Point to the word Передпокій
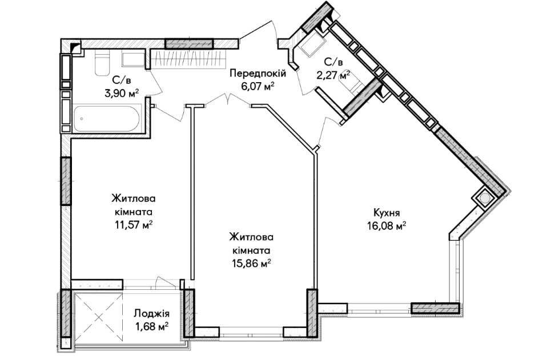click(x=258, y=73)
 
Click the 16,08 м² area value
click(x=387, y=225)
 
